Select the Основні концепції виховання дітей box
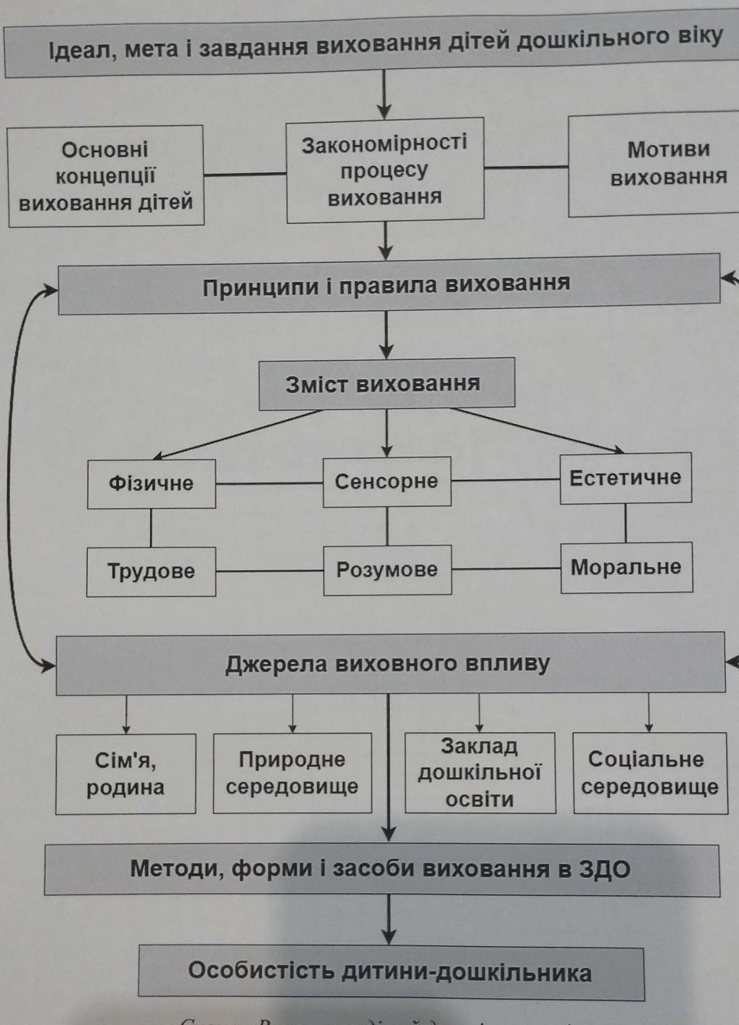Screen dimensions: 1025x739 (x=106, y=176)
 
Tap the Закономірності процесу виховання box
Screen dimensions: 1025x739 (x=385, y=170)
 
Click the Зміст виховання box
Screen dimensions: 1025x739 (x=387, y=383)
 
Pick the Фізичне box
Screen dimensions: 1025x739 (x=152, y=484)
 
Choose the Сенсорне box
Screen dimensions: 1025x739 (x=387, y=481)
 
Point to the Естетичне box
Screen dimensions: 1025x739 (x=625, y=478)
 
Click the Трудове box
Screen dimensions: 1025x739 (x=151, y=571)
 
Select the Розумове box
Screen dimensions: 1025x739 (x=387, y=570)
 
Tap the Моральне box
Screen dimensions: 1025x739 (x=626, y=567)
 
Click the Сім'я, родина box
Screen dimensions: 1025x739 (x=125, y=773)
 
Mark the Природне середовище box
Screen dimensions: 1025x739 (x=292, y=773)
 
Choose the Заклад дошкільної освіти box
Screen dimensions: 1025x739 (x=479, y=773)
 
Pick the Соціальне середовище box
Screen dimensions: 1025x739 (x=649, y=773)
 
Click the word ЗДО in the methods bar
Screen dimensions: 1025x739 (x=605, y=868)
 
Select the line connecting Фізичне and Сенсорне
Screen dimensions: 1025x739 (x=269, y=484)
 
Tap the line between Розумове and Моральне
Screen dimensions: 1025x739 (x=506, y=569)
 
